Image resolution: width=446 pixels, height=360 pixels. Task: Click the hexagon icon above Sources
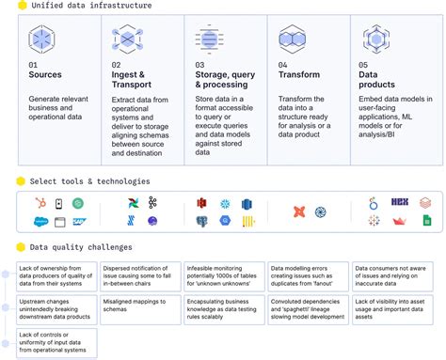[42, 37]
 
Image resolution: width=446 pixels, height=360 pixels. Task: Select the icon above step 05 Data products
[376, 38]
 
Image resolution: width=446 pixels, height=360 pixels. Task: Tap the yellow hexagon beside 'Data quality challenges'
[22, 247]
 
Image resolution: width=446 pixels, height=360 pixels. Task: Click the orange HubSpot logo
[40, 203]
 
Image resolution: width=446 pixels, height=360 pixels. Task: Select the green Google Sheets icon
[425, 222]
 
